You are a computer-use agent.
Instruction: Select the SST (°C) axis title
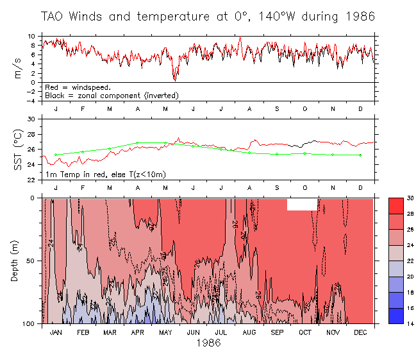point(18,150)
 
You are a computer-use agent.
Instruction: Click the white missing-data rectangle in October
point(303,203)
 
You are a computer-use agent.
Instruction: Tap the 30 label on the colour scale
point(409,198)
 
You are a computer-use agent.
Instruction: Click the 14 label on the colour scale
point(409,324)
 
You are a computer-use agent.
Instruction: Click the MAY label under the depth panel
point(165,333)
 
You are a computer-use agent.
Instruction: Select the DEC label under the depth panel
point(360,333)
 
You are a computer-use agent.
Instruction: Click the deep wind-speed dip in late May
point(174,79)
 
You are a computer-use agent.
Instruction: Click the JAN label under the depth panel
point(56,333)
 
